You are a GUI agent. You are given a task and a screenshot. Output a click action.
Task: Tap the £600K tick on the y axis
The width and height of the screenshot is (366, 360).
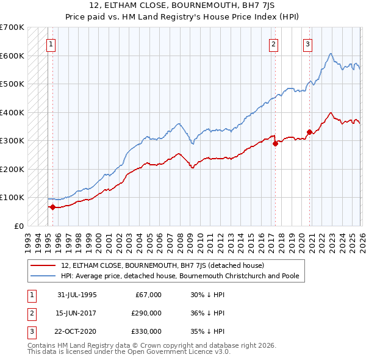click(x=12, y=56)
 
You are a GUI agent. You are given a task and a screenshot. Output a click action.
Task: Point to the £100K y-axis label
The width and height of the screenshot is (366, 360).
click(x=12, y=198)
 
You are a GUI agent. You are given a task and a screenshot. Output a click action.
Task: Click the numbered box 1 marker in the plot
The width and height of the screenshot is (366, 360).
click(x=51, y=44)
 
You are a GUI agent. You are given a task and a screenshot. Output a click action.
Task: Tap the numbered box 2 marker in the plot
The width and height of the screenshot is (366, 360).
click(x=274, y=44)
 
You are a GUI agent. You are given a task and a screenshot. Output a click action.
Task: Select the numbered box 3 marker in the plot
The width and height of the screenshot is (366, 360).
click(x=308, y=44)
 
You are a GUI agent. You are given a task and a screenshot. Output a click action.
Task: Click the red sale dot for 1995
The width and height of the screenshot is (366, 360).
click(x=53, y=207)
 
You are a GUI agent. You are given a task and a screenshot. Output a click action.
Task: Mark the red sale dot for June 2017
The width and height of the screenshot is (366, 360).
click(x=274, y=143)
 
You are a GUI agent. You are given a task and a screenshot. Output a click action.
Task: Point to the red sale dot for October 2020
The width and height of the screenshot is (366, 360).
click(x=309, y=132)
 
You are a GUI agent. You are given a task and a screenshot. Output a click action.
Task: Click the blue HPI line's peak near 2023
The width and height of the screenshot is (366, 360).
click(x=330, y=54)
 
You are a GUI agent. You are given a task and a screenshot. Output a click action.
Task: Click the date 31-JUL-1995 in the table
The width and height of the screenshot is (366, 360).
click(x=77, y=295)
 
